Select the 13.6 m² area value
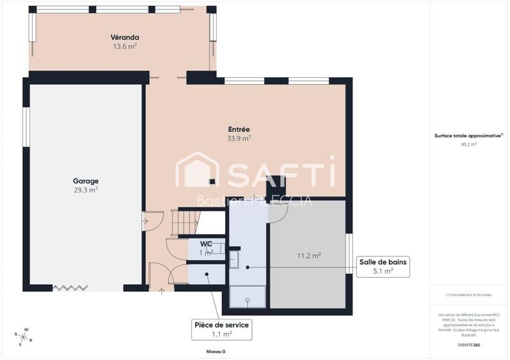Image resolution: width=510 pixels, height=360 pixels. tap(125, 47)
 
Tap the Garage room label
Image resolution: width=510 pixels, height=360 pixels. tap(85, 181)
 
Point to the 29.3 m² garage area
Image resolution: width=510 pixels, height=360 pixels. tap(85, 190)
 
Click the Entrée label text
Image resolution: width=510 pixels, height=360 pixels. tap(238, 129)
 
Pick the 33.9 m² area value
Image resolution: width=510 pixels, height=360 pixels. tap(238, 138)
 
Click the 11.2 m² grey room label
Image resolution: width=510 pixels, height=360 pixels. tap(309, 256)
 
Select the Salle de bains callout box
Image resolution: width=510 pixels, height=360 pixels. tap(382, 266)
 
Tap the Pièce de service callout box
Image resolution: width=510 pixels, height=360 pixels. tap(221, 329)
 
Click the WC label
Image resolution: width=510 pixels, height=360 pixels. tap(206, 244)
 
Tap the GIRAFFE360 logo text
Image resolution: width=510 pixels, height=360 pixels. tap(469, 344)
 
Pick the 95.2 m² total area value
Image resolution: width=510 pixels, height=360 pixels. tap(469, 145)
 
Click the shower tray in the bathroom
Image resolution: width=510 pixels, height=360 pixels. tap(249, 296)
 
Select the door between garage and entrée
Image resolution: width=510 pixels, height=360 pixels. tap(145, 222)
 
